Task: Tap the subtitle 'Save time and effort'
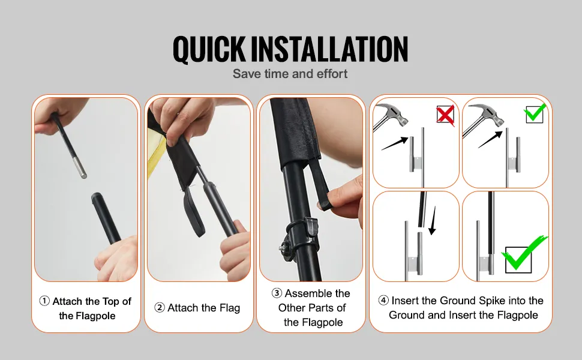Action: pos(290,74)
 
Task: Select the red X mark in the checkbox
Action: pos(445,114)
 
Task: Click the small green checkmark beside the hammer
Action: pos(535,113)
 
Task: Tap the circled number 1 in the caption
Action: pos(44,302)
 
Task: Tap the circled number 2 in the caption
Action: pos(160,308)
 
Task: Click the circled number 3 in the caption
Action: pos(277,293)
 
